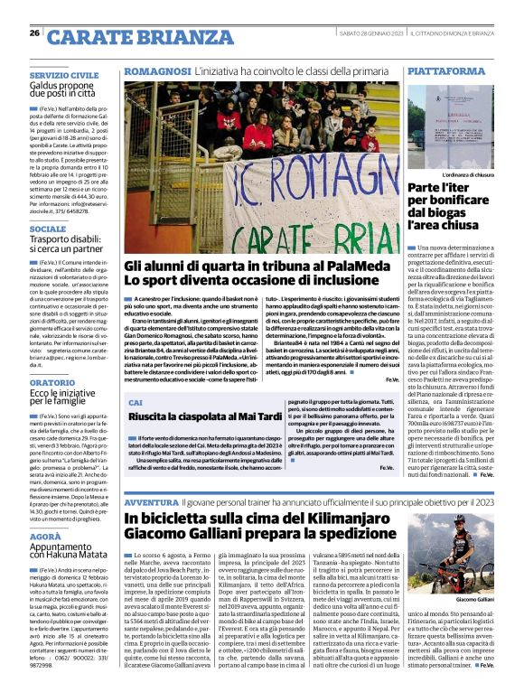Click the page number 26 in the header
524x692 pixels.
[34, 33]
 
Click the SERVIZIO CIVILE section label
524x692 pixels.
[63, 74]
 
